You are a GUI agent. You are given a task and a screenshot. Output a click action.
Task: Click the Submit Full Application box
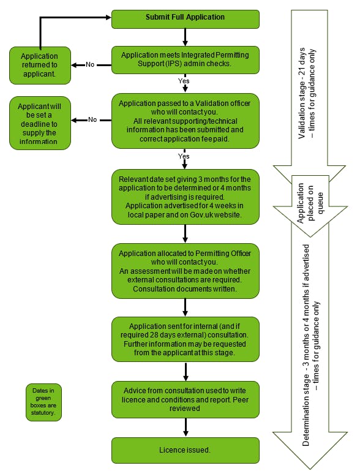(x=186, y=19)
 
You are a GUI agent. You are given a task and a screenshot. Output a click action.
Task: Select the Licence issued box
(x=186, y=450)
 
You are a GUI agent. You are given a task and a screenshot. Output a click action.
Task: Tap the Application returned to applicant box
(x=40, y=66)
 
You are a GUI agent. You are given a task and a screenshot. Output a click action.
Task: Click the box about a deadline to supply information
(x=40, y=123)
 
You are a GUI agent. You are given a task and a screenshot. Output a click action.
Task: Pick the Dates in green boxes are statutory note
(x=43, y=402)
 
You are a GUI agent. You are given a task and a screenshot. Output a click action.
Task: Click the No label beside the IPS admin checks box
(x=90, y=64)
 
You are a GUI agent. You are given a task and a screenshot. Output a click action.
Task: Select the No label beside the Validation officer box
(x=92, y=120)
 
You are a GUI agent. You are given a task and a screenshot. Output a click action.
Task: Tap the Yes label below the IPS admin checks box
(x=184, y=81)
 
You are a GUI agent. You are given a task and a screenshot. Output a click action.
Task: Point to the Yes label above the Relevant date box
(x=184, y=156)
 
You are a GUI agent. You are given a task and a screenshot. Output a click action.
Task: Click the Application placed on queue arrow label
(x=310, y=203)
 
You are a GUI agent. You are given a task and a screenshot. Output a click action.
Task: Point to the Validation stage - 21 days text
(x=302, y=93)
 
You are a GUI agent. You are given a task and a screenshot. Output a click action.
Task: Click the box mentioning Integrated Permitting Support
(x=186, y=60)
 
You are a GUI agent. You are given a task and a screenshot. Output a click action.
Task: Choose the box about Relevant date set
(x=186, y=197)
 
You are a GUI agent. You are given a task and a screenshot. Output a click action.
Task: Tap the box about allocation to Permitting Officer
(x=186, y=271)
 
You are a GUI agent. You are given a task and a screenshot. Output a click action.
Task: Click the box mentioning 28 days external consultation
(x=186, y=339)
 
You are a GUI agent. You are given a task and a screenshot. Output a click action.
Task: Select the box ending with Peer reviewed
(x=186, y=399)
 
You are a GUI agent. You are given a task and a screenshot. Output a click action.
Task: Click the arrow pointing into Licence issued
(x=186, y=427)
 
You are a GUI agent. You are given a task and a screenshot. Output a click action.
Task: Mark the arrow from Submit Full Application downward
(x=186, y=37)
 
